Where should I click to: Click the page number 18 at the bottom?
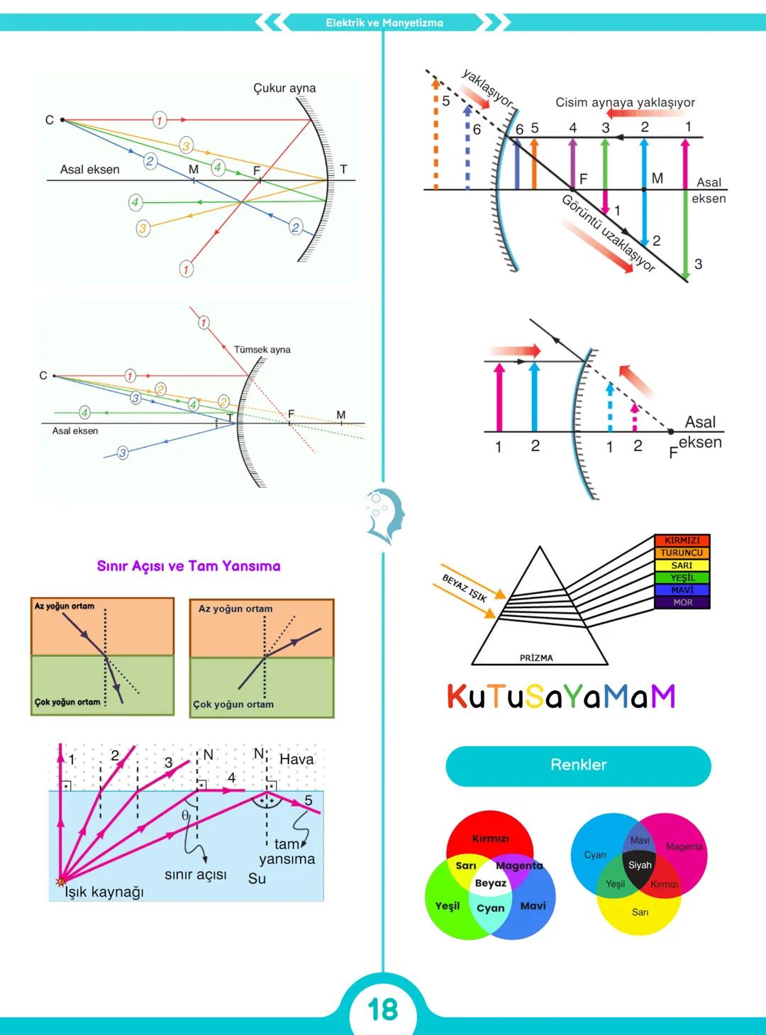(383, 1009)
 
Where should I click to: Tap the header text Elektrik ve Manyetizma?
(384, 23)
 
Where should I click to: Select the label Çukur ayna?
(284, 88)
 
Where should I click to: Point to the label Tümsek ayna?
(262, 350)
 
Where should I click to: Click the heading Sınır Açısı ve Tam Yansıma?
(189, 566)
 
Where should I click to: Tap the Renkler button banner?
(578, 765)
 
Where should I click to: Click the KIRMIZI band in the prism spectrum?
(682, 541)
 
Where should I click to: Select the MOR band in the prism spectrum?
(682, 602)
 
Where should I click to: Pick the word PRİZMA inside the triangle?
(536, 658)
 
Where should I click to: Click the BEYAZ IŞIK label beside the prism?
(465, 588)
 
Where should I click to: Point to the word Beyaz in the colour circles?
(491, 883)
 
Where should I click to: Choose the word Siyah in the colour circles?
(640, 865)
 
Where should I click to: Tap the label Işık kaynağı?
(104, 892)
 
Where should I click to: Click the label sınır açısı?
(196, 875)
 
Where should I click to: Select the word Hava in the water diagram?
(296, 759)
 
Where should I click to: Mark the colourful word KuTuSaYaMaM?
(561, 697)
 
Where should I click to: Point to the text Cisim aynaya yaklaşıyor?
(625, 102)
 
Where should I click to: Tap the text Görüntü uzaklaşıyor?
(608, 233)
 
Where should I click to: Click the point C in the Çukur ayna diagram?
(62, 120)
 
